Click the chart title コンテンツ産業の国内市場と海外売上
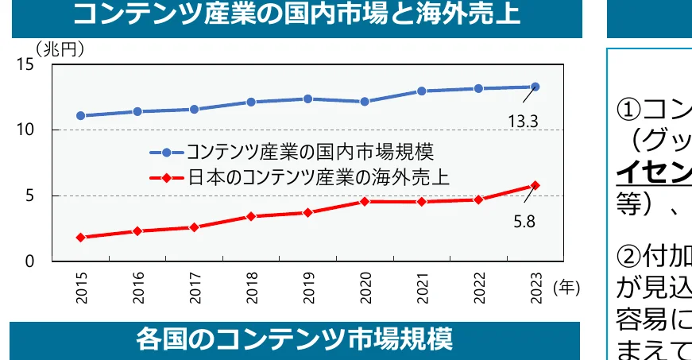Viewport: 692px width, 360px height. (296, 14)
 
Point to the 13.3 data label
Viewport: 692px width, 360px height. (524, 122)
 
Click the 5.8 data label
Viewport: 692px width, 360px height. (524, 222)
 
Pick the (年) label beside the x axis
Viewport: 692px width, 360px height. (566, 288)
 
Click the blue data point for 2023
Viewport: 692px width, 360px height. (535, 87)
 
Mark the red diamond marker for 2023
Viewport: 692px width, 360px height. (535, 185)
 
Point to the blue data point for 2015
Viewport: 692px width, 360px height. (81, 115)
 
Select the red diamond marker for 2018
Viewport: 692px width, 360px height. (251, 216)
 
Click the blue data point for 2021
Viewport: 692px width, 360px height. (421, 91)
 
